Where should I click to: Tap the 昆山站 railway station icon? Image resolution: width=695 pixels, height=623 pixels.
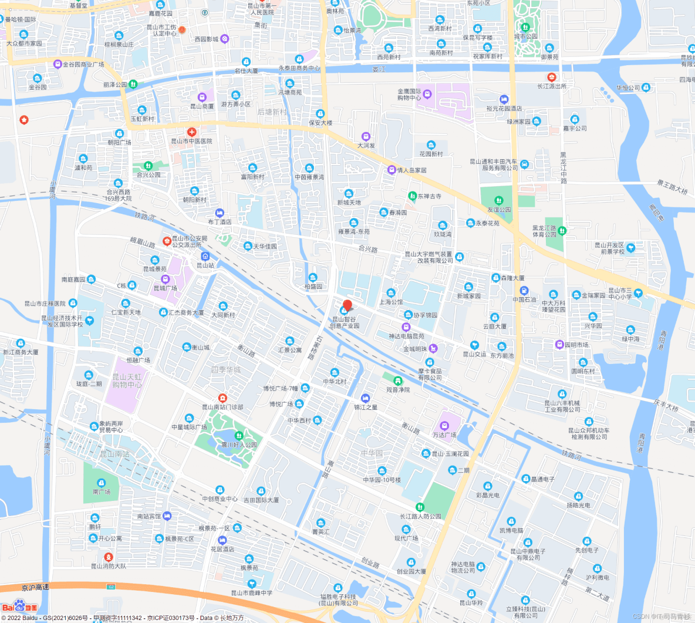205,257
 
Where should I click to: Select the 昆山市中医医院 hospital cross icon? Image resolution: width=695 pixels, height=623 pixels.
191,133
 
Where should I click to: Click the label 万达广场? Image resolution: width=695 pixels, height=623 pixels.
444,435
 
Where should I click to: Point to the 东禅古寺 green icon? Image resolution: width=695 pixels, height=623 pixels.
412,196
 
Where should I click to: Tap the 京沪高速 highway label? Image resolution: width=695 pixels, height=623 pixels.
35,587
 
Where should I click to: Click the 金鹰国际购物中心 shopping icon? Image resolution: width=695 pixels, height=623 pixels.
427,94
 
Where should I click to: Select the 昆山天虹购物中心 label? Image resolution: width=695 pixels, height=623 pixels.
127,380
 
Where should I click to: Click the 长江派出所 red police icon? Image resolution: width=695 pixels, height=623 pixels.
551,77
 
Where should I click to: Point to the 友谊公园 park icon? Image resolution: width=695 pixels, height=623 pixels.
498,201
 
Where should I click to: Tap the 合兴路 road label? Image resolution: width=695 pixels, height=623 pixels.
368,249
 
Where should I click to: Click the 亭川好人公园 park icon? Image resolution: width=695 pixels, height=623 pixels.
238,436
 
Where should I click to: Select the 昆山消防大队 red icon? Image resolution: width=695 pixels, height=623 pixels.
108,557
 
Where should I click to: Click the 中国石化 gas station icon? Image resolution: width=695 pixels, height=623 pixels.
524,291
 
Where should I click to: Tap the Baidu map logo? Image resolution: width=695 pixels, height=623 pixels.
19,605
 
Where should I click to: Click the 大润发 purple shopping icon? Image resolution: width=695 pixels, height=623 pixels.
366,137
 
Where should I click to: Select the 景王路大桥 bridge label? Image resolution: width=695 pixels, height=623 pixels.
672,187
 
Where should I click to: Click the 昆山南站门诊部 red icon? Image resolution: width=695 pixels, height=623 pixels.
222,398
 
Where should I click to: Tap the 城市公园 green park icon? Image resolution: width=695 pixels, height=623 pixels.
525,27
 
